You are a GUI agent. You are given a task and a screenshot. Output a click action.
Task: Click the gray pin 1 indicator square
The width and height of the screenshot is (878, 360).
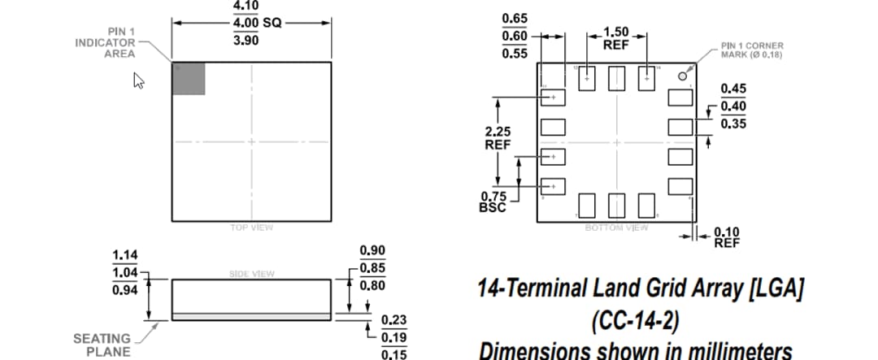189,79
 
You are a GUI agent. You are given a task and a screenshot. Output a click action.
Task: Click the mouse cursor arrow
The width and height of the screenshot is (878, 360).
138,80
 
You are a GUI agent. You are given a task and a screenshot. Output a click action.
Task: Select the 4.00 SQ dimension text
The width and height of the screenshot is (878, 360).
256,23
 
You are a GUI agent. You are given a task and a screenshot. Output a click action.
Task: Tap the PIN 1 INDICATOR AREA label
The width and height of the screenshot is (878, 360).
105,43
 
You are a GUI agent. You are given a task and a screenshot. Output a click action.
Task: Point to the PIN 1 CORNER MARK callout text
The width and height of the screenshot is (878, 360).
752,50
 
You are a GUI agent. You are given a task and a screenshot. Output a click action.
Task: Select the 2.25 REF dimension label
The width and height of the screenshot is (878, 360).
497,137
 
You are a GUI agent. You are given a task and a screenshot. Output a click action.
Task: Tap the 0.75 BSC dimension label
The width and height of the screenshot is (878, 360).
493,202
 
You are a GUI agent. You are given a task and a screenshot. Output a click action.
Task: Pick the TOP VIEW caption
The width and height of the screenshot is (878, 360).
251,228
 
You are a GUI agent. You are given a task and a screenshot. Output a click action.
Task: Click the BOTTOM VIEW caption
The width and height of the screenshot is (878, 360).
616,228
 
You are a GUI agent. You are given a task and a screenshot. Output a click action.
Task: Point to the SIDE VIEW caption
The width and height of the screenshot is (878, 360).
251,274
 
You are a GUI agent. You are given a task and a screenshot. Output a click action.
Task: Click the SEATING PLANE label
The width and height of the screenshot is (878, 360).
102,345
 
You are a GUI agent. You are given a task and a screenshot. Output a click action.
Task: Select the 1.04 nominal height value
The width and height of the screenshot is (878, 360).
124,274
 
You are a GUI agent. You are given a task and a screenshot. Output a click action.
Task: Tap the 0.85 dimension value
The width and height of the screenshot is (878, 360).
372,268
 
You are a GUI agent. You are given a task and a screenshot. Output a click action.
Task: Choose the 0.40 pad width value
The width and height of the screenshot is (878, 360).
733,106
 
